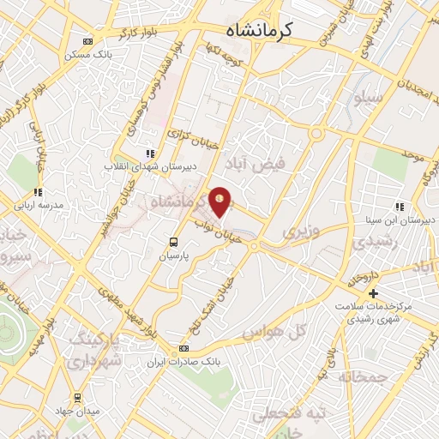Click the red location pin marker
pyautogui.click(x=220, y=201)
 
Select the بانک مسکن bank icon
pyautogui.click(x=87, y=40)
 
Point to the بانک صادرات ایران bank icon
pyautogui.click(x=182, y=349)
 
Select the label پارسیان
pyautogui.click(x=173, y=256)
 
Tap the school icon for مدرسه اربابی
pyautogui.click(x=37, y=193)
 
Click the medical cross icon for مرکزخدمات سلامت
pyautogui.click(x=373, y=294)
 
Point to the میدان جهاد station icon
pyautogui.click(x=79, y=398)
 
